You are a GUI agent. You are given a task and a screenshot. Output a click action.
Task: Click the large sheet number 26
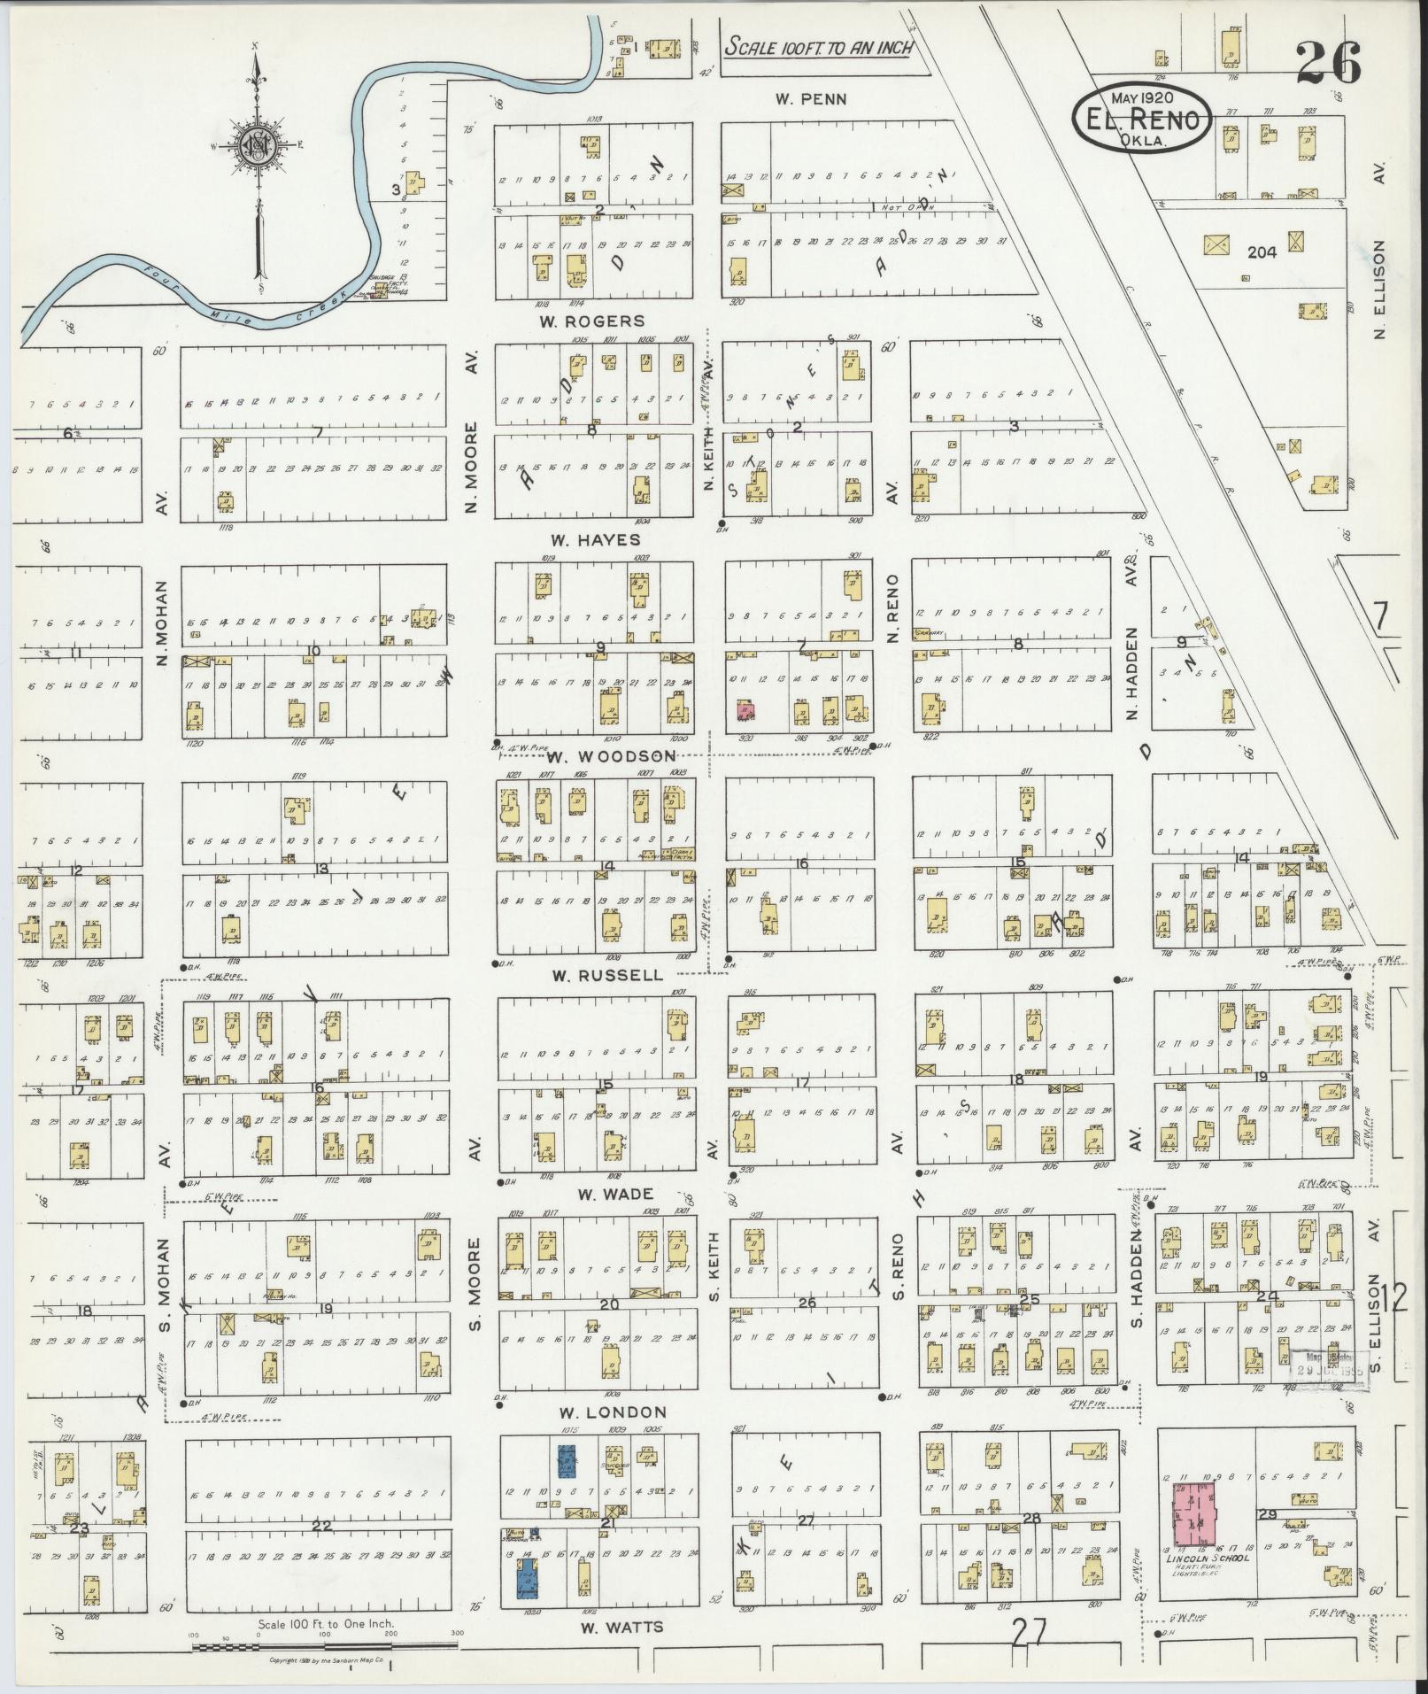(1327, 61)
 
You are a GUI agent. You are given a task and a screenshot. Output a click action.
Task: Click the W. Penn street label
(811, 99)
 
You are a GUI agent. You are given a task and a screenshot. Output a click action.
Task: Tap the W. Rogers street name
(593, 321)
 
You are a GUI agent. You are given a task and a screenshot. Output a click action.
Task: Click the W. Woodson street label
(611, 756)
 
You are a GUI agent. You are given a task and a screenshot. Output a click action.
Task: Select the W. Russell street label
(606, 975)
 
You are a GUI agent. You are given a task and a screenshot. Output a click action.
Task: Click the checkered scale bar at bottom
(325, 1647)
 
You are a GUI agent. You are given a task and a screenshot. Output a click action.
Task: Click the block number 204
(1262, 252)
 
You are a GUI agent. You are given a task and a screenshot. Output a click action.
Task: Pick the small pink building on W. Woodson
(745, 709)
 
